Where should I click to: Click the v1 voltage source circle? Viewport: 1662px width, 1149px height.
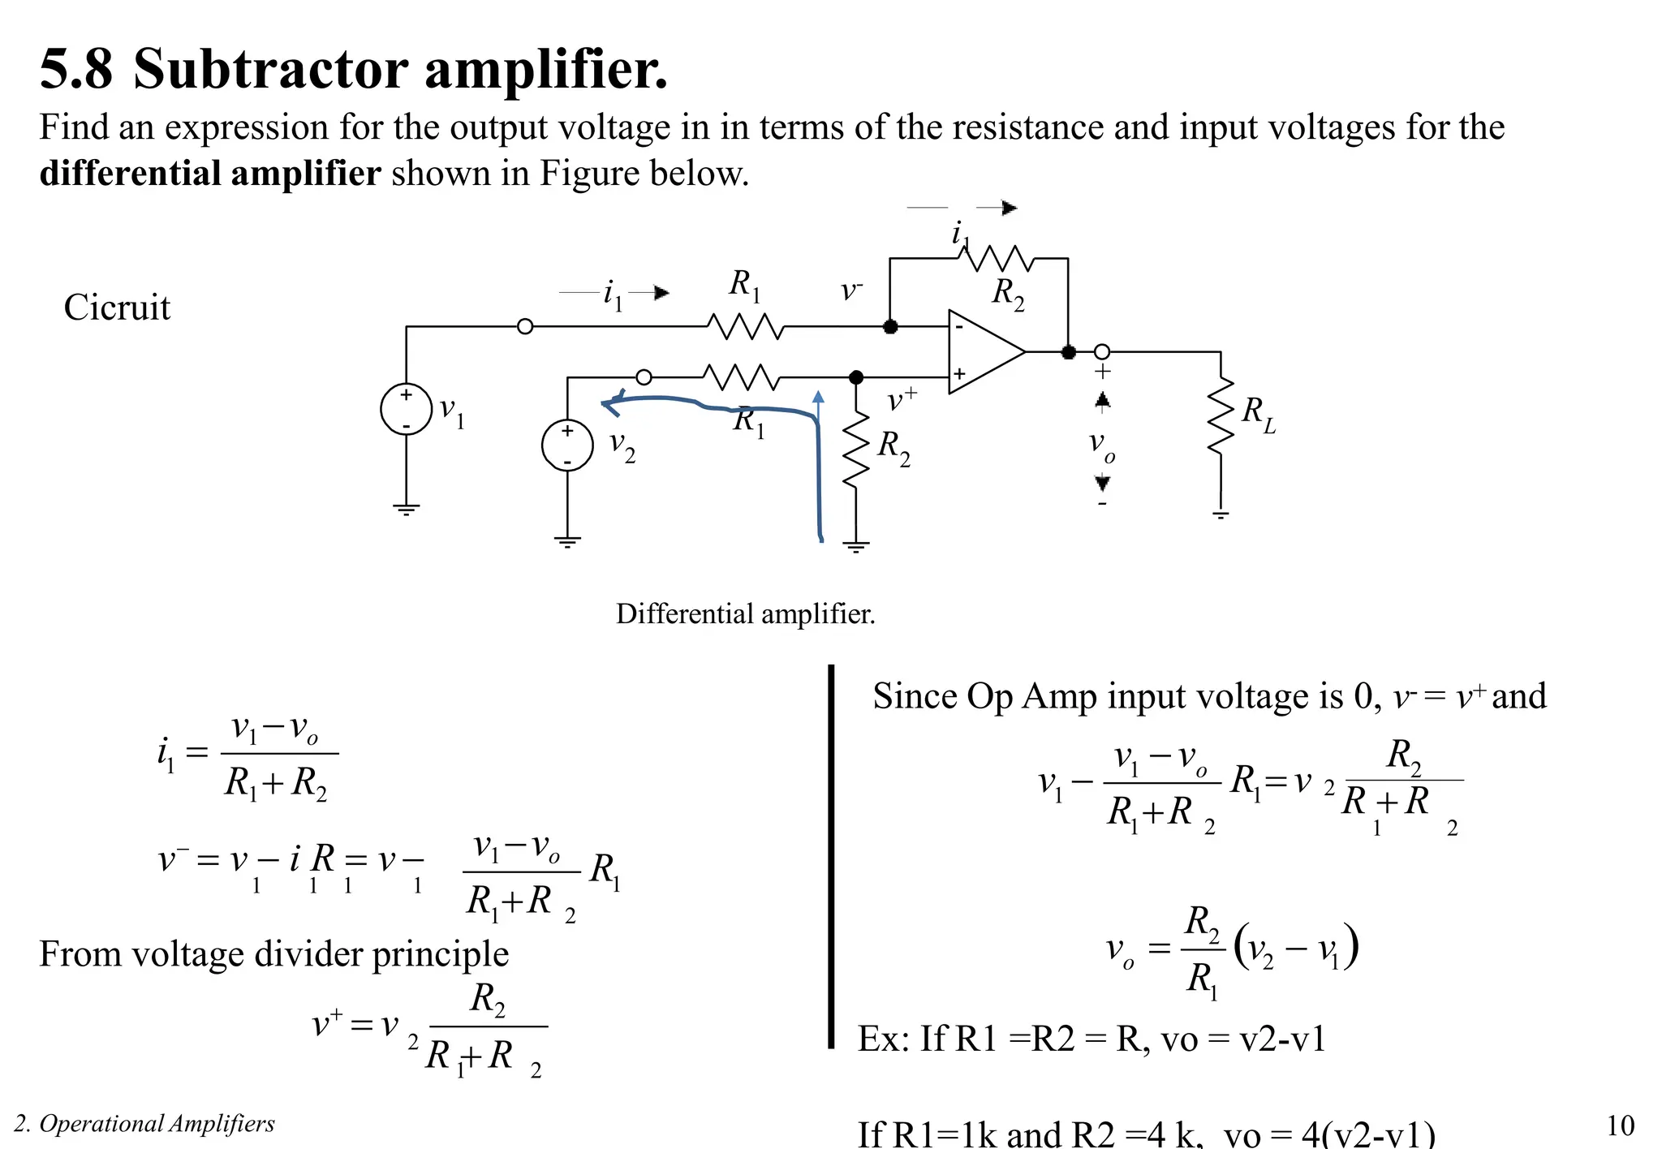(x=406, y=409)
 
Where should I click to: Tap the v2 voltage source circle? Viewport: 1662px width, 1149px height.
(x=567, y=445)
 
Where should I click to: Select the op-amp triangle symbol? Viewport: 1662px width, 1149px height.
(x=982, y=352)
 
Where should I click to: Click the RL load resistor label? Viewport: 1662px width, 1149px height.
(x=1258, y=415)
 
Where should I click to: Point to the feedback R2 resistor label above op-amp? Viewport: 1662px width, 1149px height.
(x=1008, y=293)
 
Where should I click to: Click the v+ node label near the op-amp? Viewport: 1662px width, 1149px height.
(x=901, y=399)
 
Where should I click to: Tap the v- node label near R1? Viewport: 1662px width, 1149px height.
(x=850, y=290)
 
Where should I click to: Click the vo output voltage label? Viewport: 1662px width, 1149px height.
(x=1101, y=445)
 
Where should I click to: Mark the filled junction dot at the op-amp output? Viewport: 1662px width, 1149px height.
(x=1068, y=352)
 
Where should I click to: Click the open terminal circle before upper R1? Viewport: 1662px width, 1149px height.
(x=525, y=326)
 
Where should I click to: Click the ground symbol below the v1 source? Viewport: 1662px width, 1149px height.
(x=406, y=510)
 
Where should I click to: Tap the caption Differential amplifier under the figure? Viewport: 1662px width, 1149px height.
(x=745, y=613)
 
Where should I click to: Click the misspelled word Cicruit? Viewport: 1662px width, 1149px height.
(x=117, y=308)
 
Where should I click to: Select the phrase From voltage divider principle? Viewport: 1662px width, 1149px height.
(x=273, y=953)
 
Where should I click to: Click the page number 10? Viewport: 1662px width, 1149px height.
(x=1620, y=1125)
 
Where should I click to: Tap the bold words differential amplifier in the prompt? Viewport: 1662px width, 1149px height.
(x=209, y=174)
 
